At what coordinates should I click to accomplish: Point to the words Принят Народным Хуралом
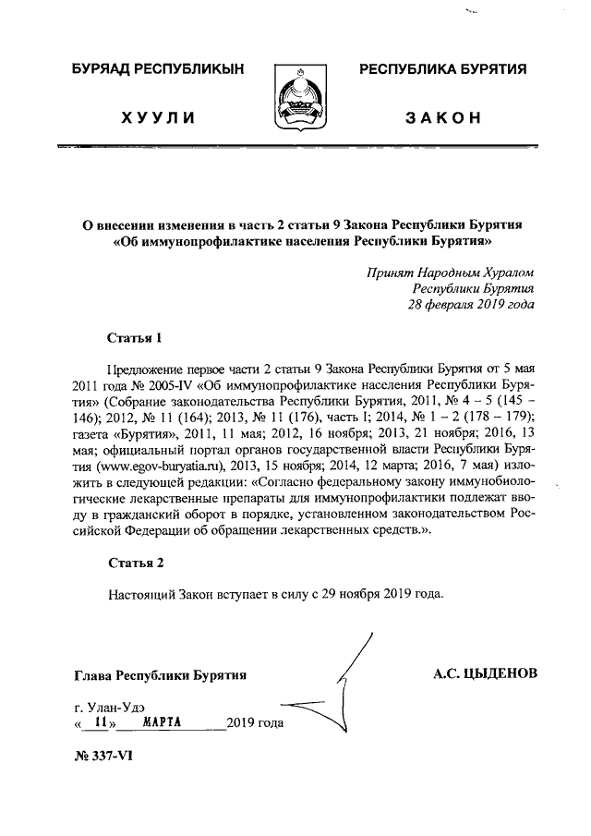tap(450, 272)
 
